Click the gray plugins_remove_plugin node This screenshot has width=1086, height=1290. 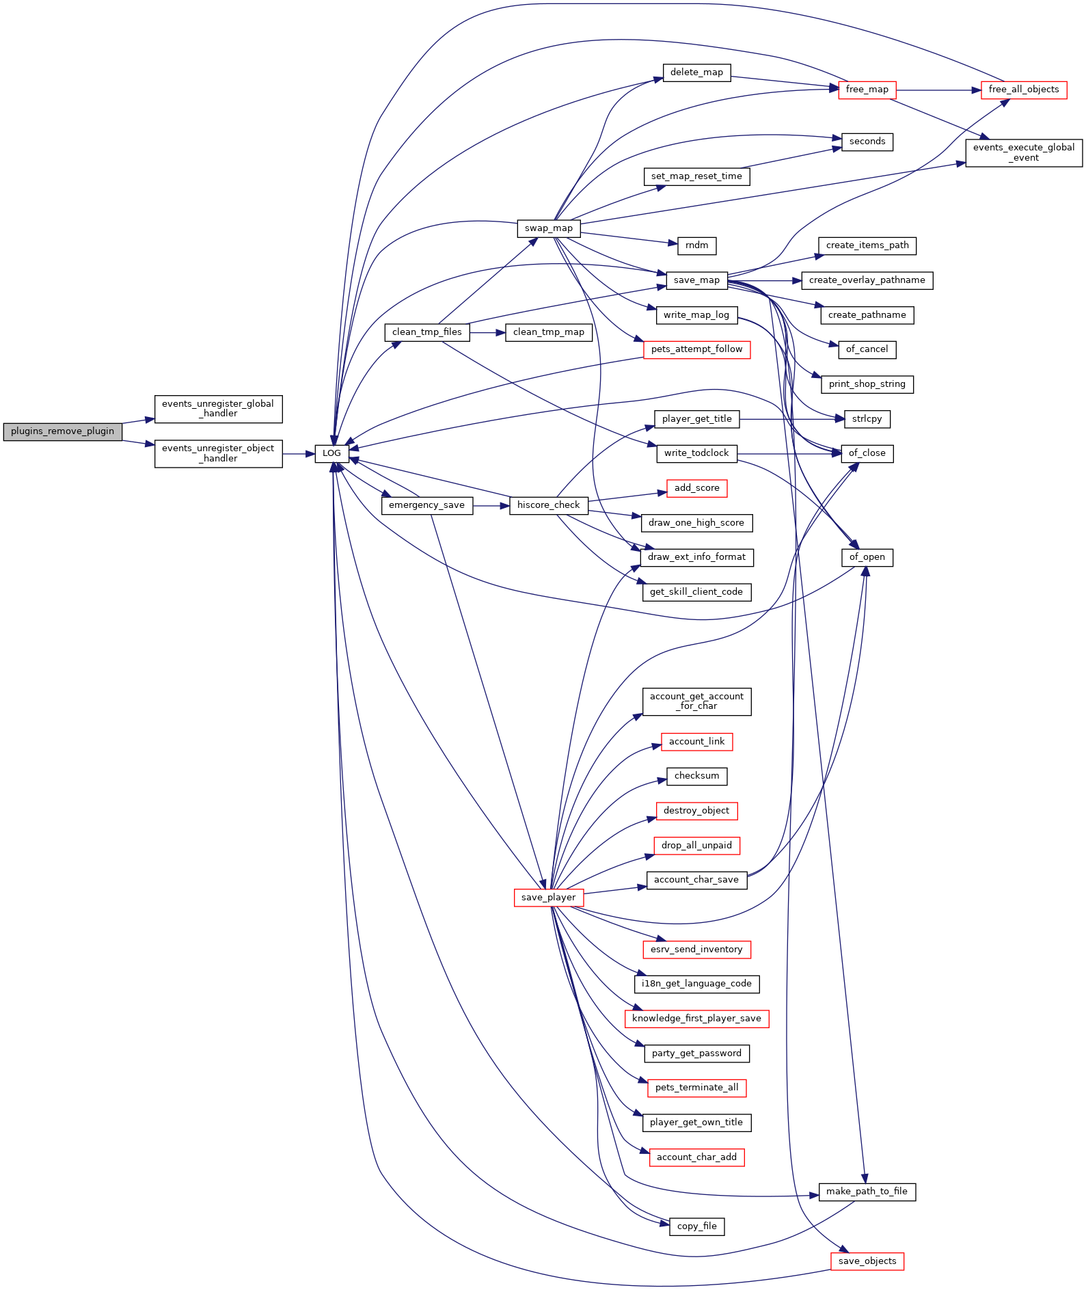pos(63,431)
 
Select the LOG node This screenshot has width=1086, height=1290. pos(332,453)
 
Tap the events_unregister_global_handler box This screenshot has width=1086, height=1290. pos(219,409)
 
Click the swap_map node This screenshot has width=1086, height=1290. pos(549,228)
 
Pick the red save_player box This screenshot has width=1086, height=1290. pos(549,898)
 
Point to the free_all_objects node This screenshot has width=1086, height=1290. pos(1024,90)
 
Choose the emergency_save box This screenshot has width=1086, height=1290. pos(426,505)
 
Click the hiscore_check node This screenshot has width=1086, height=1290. pos(549,505)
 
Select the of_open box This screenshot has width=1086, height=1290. pos(867,557)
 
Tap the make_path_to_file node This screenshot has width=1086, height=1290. pos(867,1192)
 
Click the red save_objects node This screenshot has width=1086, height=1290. pos(867,1261)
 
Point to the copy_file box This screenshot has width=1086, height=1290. pos(697,1226)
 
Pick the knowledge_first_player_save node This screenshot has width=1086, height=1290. pos(697,1019)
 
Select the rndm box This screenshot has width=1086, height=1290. pos(697,245)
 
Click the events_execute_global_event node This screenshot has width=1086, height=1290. pos(1024,152)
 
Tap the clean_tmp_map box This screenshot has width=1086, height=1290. pos(549,332)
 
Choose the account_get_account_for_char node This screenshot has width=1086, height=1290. pos(697,701)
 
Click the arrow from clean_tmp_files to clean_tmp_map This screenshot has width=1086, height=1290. pos(487,332)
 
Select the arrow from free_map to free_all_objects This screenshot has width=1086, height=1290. pos(938,90)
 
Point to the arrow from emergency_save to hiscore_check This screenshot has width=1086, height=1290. pos(491,505)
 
